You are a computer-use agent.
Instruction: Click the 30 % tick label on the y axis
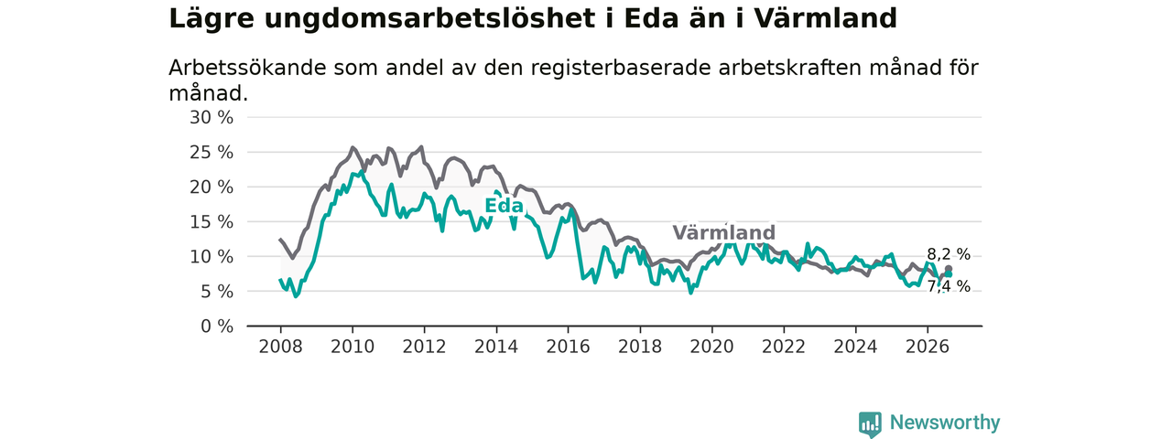click(212, 118)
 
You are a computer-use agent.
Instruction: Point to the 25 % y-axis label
click(212, 153)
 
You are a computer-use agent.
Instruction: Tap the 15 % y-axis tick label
click(212, 222)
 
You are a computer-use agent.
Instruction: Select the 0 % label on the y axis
click(217, 327)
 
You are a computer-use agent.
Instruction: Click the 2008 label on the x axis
click(280, 347)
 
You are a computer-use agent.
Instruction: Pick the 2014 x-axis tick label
click(496, 347)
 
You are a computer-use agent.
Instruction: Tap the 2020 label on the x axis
click(711, 347)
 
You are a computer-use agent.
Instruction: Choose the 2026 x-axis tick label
click(928, 347)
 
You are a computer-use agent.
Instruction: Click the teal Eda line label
click(504, 206)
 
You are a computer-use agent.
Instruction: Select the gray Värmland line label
click(723, 232)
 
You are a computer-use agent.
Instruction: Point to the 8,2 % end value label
click(949, 254)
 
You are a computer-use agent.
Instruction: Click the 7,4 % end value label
click(949, 286)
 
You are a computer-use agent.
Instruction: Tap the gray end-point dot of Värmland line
click(949, 269)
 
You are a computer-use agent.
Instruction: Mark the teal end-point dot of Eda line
click(949, 274)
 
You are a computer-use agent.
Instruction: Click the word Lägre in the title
click(212, 20)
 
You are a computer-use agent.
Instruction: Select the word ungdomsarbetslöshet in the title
click(429, 19)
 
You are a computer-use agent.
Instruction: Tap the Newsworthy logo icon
click(870, 423)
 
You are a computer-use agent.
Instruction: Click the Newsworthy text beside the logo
click(945, 423)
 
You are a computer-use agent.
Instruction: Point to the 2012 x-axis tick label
click(424, 347)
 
